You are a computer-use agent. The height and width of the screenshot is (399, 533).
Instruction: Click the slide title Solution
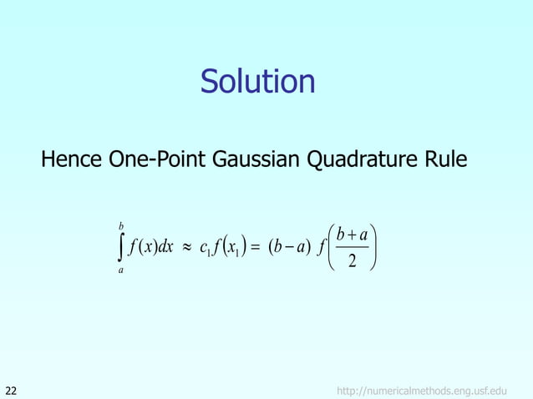pos(258,82)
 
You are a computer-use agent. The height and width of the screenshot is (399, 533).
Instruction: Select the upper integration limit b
pos(123,225)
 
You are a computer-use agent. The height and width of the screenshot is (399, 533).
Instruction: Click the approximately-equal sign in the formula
pos(188,250)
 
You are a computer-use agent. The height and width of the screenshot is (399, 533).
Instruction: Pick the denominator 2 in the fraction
pos(352,264)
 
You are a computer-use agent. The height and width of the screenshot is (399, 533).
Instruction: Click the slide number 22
pos(12,389)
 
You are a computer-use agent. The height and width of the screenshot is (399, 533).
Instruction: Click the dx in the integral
pos(165,249)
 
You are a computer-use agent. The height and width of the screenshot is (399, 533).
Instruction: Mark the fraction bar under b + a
pos(352,249)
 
